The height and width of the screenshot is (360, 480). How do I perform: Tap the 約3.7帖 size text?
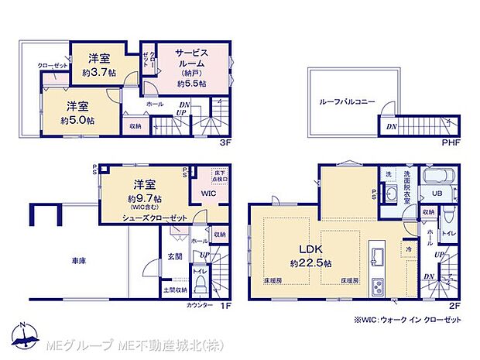coord(98,73)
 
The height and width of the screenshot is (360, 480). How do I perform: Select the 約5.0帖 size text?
coord(78,120)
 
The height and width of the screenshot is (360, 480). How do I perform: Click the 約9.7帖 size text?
coord(144,198)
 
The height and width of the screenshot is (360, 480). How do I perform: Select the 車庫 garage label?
coord(77,261)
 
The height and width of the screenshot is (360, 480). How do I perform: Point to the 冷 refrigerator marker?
coord(407,249)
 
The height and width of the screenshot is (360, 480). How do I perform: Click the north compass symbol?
coord(28,334)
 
